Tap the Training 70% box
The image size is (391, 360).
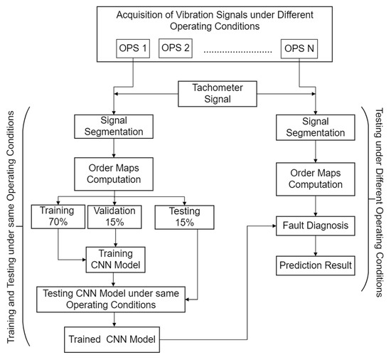pyautogui.click(x=58, y=216)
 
